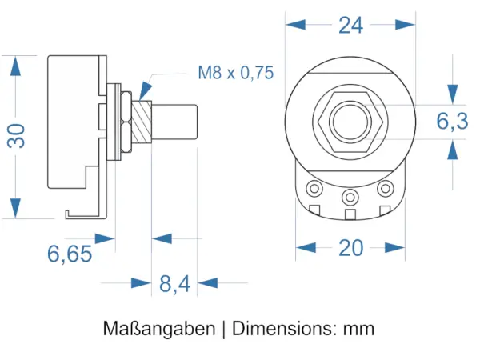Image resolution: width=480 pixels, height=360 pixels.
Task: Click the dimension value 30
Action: [17, 137]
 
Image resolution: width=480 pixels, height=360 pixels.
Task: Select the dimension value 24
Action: [350, 26]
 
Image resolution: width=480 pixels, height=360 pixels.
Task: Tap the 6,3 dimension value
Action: [452, 122]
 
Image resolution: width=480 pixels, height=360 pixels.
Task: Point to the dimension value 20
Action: [350, 248]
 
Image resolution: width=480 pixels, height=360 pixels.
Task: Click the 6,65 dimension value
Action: [70, 254]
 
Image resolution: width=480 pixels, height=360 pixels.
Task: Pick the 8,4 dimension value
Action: [174, 283]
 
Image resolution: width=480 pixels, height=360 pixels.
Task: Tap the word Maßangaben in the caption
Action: [158, 329]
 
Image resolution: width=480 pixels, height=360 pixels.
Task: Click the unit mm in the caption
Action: [358, 329]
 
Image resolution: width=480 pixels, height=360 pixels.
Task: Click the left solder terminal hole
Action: [314, 190]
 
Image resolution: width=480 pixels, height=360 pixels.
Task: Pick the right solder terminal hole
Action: [386, 190]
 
